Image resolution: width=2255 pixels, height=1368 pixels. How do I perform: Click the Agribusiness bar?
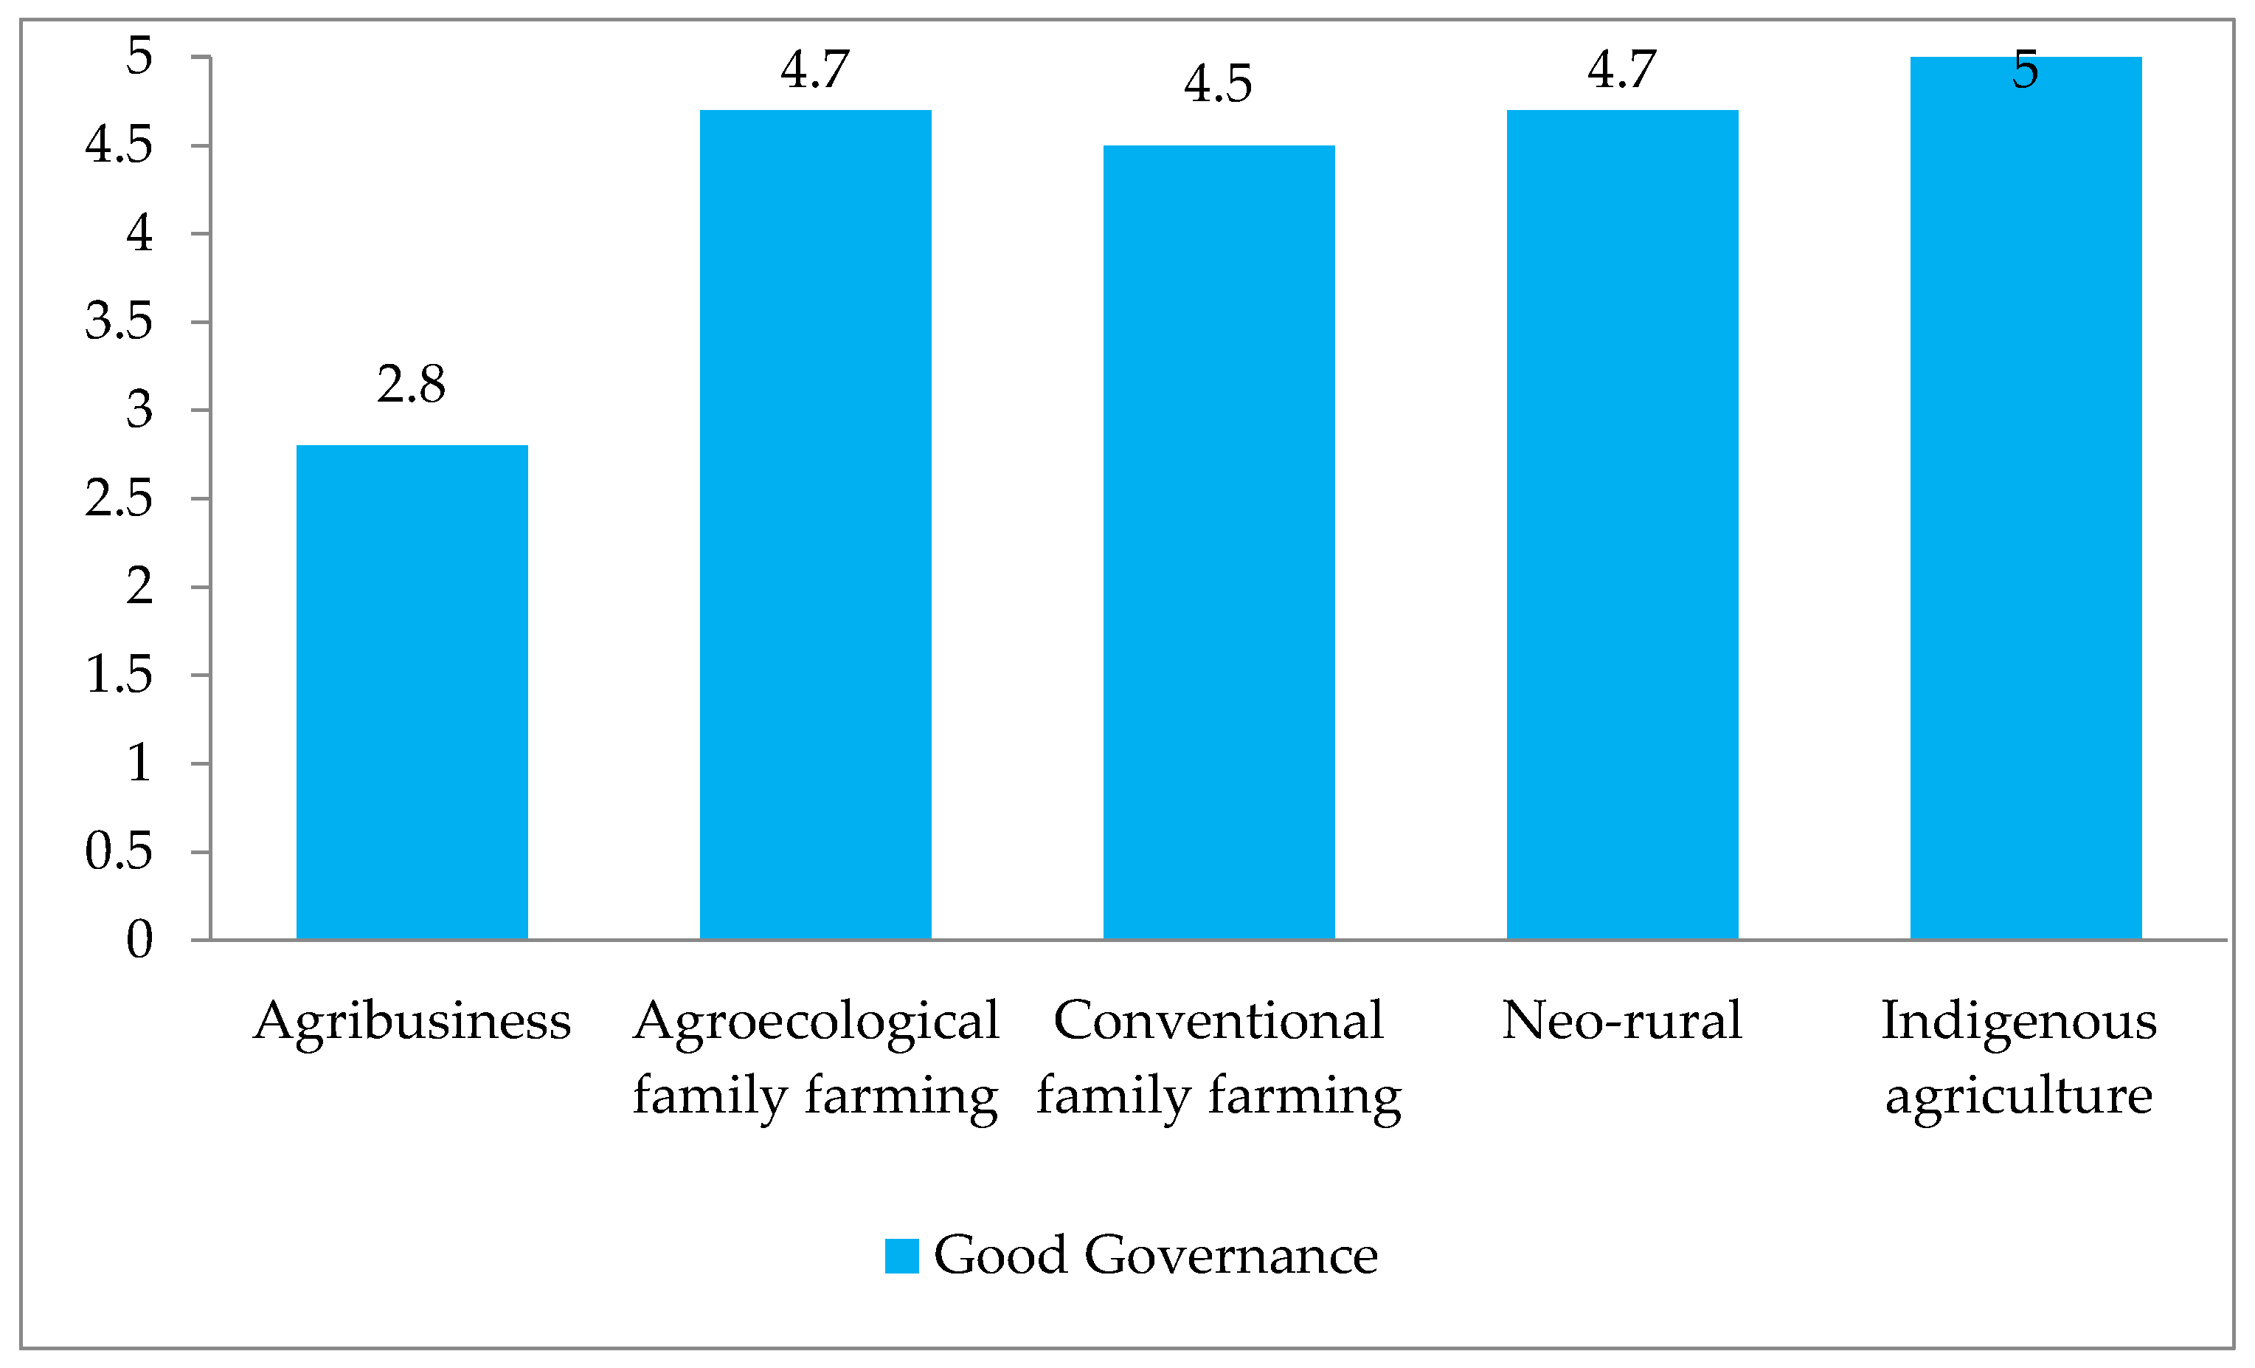412,692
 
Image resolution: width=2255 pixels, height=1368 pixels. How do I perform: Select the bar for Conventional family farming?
1219,542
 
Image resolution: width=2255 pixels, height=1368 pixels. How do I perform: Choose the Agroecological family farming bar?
815,525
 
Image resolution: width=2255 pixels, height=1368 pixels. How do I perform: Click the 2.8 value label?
411,385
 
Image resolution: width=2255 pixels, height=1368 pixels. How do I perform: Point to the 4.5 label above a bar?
1218,84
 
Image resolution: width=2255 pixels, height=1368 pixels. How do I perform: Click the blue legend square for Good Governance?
901,1255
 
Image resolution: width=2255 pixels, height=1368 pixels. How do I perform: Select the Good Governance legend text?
1155,1255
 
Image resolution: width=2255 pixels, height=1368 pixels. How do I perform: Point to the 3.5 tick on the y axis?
119,321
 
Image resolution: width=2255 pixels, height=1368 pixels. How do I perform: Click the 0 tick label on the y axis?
139,940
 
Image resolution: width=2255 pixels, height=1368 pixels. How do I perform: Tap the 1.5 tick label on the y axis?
119,675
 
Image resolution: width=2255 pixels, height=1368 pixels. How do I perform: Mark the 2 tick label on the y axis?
139,586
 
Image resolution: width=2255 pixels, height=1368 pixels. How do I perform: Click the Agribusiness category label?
412,1022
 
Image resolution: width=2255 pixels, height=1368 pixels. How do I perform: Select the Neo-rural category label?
1621,1020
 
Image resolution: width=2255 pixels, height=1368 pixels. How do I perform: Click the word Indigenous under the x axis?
2019,1022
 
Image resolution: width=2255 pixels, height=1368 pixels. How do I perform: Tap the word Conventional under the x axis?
1218,1020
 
